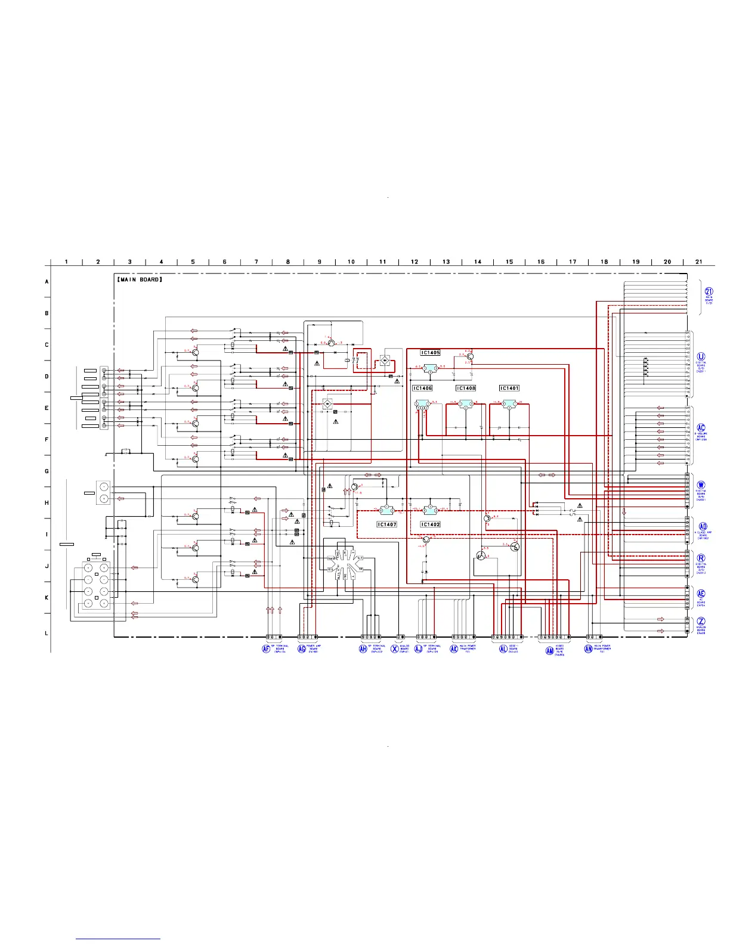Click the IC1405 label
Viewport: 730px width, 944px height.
coord(430,353)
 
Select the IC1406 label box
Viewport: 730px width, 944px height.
coord(422,388)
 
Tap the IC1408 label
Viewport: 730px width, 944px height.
coord(466,388)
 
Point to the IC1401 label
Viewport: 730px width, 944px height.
coord(509,388)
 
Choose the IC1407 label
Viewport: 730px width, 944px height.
coord(386,524)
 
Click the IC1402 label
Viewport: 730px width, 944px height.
coord(430,524)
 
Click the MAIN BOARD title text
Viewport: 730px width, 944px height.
coord(140,279)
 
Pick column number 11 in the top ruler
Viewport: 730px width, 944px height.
coord(383,262)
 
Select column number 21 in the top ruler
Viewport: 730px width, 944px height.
coord(699,262)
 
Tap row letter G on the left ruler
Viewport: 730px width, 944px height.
coord(47,471)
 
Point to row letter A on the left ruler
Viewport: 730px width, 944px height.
coord(47,281)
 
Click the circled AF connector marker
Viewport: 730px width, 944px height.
coord(266,648)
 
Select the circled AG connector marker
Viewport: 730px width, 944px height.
coord(301,648)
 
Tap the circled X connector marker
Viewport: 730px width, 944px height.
coord(394,648)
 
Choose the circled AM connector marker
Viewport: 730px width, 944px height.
coord(550,651)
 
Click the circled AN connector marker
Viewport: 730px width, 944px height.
coord(588,648)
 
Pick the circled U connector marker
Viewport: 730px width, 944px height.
coord(701,356)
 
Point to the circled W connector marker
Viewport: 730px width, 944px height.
coord(701,485)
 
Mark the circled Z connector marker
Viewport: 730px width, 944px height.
coord(701,622)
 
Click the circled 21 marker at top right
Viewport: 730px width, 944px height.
coord(709,291)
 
